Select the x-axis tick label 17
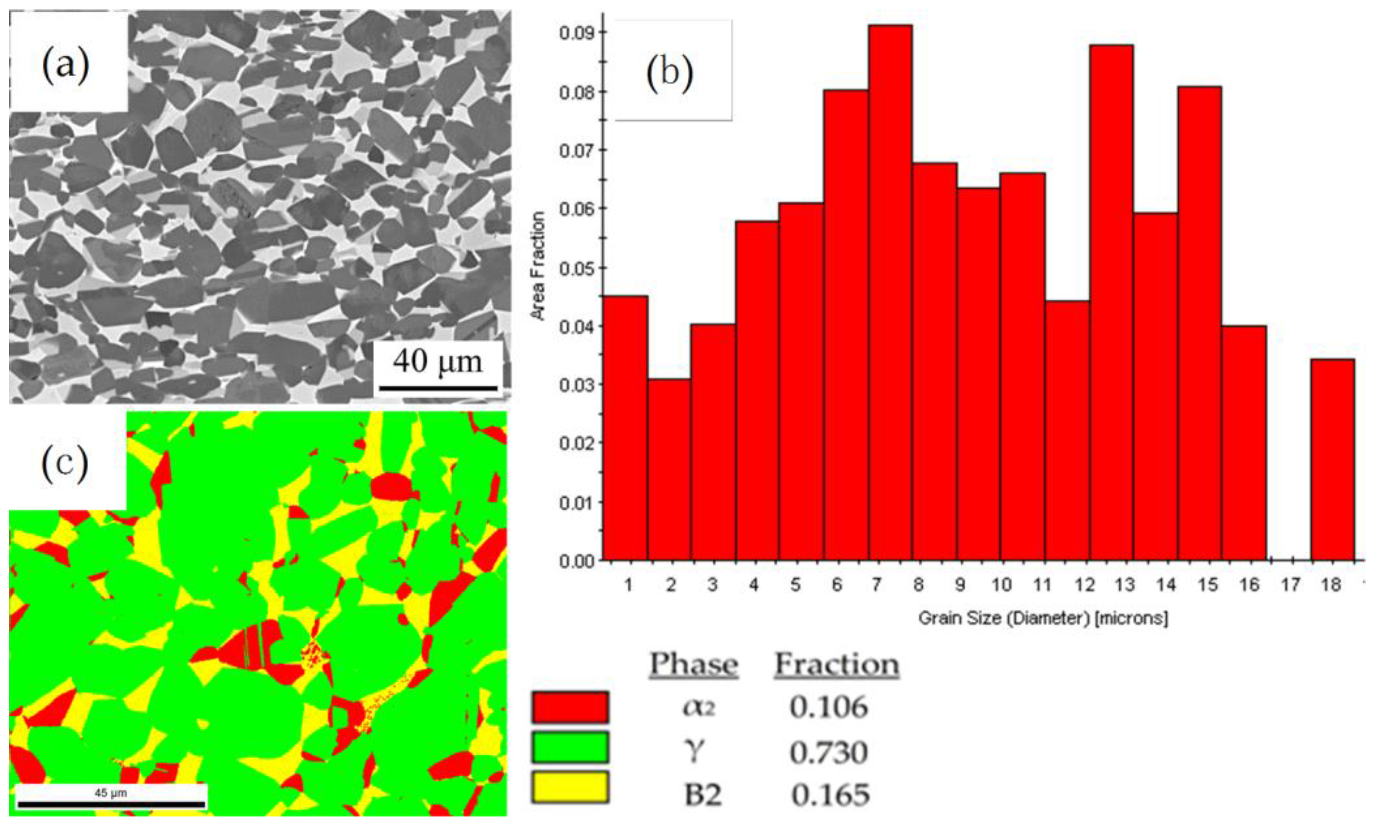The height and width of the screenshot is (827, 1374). click(x=1290, y=585)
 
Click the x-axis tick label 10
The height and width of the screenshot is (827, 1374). click(x=1001, y=585)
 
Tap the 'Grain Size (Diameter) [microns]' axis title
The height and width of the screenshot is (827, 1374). click(x=1043, y=618)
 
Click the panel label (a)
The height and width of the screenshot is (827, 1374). click(x=66, y=64)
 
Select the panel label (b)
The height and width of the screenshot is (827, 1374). click(x=670, y=72)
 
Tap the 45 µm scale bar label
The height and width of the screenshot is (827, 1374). click(x=111, y=793)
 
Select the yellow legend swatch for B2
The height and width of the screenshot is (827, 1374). click(x=570, y=787)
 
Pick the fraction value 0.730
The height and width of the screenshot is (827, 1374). click(x=828, y=752)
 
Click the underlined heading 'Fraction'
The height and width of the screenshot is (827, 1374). click(x=837, y=664)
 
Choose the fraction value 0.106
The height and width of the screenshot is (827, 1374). click(x=828, y=707)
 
